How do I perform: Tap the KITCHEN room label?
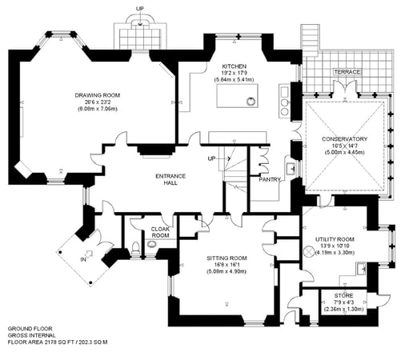[x=235, y=66]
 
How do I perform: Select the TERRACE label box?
[x=347, y=73]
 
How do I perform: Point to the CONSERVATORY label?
[x=345, y=138]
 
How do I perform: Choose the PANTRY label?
[x=270, y=179]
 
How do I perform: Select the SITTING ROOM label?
[x=227, y=258]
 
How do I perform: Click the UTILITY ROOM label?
[x=335, y=239]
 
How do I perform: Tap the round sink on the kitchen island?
[x=252, y=101]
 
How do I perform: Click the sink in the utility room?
[x=363, y=268]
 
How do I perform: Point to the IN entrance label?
[x=83, y=258]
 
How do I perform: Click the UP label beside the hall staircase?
[x=211, y=158]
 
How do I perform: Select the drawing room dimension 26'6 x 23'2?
[x=97, y=102]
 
